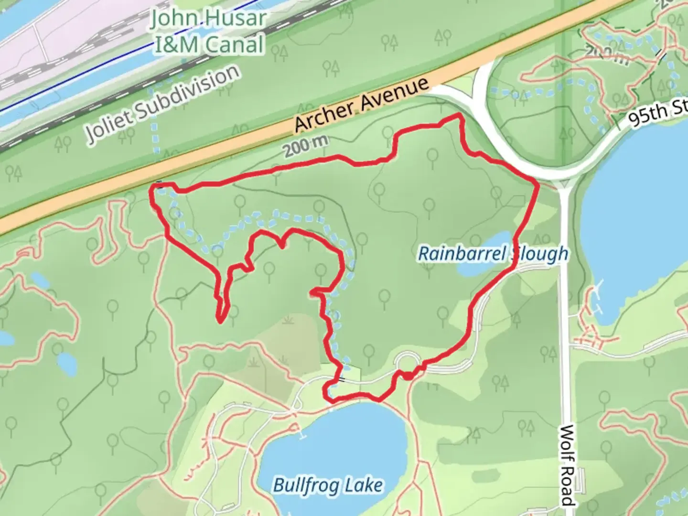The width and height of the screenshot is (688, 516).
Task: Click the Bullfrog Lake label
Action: point(328,486)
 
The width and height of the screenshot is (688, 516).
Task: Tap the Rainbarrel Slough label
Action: point(493,253)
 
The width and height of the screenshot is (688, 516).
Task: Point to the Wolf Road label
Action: point(568,466)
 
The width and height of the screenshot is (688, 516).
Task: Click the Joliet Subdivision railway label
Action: point(162,104)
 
